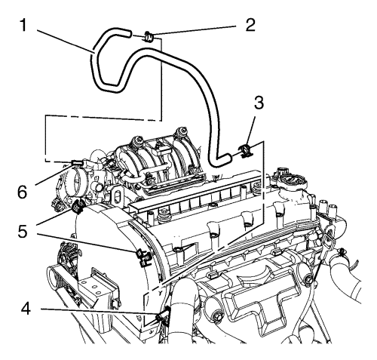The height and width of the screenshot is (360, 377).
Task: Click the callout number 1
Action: (23, 26)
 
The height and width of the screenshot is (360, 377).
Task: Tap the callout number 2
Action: (250, 25)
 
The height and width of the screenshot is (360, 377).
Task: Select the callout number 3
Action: (259, 103)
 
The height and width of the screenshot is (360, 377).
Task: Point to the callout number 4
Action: (26, 309)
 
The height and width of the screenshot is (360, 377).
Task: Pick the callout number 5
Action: (23, 232)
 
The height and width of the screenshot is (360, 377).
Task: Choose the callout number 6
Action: (22, 192)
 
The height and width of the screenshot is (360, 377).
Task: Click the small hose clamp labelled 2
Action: (149, 37)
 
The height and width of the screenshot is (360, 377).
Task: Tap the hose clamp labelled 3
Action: (245, 150)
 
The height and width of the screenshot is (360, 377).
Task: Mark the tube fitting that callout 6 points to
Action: (77, 163)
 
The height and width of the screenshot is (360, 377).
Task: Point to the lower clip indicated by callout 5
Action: (143, 257)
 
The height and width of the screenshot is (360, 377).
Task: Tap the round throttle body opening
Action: (77, 183)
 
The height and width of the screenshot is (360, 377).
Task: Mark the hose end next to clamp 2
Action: (127, 34)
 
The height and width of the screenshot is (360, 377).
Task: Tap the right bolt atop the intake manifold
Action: (180, 131)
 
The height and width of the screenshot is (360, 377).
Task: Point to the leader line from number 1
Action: (66, 42)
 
